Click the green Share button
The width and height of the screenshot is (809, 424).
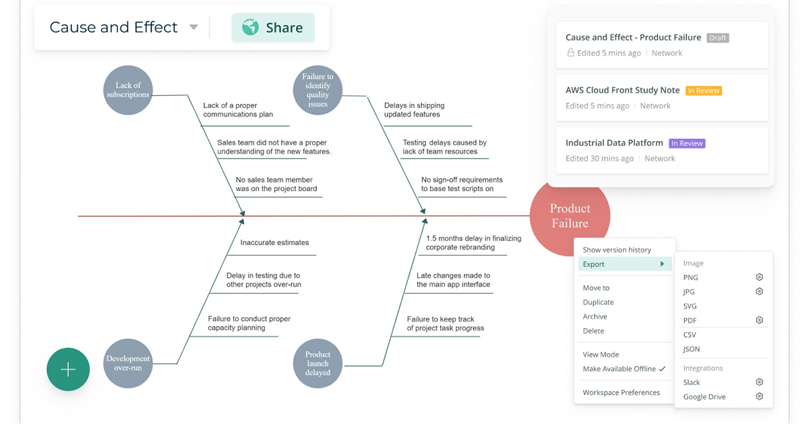tap(273, 28)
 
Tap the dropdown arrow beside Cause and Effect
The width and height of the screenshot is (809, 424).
tap(193, 27)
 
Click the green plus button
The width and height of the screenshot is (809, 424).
tap(68, 369)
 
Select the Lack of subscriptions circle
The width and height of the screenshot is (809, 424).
tap(128, 90)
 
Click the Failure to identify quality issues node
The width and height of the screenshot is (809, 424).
tap(318, 90)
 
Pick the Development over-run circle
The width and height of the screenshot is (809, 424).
tap(128, 363)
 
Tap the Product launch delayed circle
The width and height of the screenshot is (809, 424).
tap(318, 363)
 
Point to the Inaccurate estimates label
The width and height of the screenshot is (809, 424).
tap(274, 242)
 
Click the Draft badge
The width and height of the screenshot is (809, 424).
tap(717, 38)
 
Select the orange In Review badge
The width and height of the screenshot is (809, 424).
tap(704, 90)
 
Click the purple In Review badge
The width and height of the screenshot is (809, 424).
tap(687, 143)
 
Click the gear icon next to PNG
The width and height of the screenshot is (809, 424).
tap(759, 277)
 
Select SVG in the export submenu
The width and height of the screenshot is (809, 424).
tap(690, 306)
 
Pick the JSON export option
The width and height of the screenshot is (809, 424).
tap(691, 349)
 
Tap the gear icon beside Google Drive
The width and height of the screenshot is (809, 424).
tap(759, 396)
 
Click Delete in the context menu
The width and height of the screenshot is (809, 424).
tap(593, 331)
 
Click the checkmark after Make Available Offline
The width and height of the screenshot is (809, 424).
tap(662, 369)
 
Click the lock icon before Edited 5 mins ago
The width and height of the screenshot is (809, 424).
tap(570, 53)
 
